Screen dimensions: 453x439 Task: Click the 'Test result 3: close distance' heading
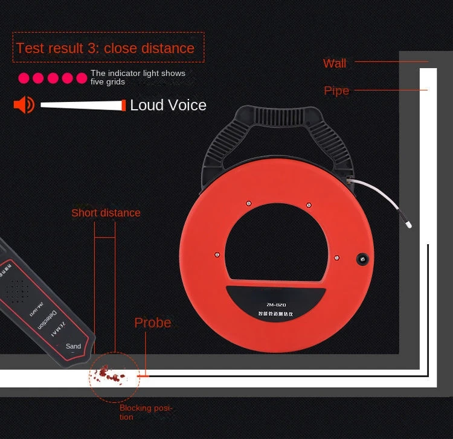coord(106,48)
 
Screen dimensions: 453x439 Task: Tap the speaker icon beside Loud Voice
coord(24,105)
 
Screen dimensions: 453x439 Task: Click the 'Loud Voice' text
coord(168,105)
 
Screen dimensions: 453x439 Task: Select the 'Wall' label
coord(335,63)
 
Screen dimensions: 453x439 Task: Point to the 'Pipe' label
coord(336,90)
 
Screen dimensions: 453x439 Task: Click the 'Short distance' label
coord(106,213)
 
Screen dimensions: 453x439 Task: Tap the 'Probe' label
coord(152,323)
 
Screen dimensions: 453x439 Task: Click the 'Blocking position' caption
coord(146,412)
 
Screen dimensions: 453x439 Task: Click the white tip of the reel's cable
coord(409,225)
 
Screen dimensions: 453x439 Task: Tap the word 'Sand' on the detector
coord(73,347)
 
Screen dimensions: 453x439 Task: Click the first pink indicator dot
coord(24,78)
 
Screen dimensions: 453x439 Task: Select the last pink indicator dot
coord(82,78)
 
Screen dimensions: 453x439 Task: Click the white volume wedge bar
coord(82,105)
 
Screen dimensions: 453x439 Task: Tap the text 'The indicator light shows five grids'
coord(138,77)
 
